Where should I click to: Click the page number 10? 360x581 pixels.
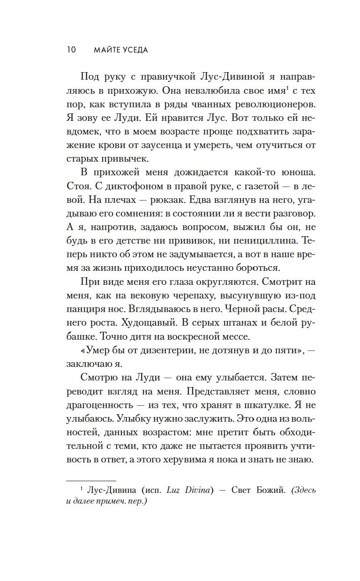click(71, 50)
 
